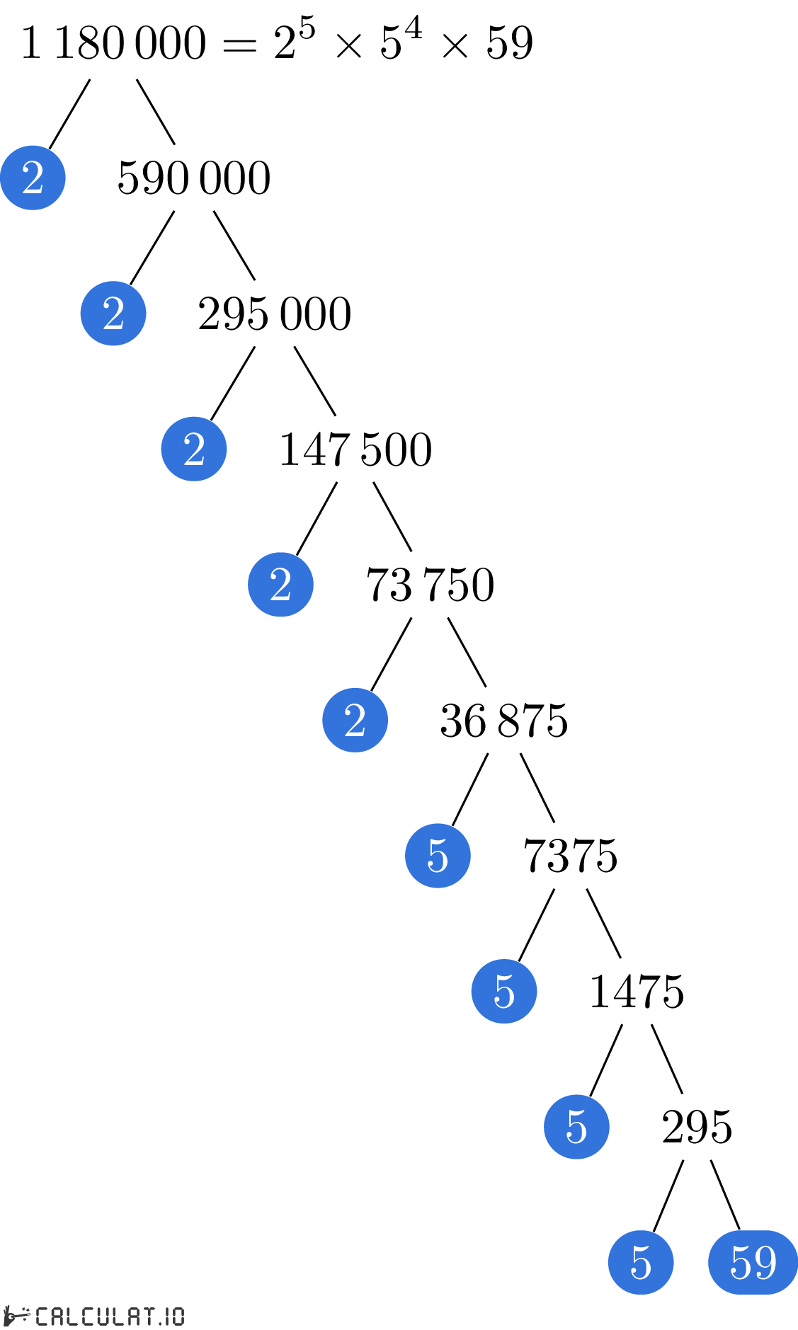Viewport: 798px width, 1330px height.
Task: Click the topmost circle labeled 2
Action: pos(33,178)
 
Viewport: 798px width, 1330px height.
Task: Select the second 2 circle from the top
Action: pos(113,314)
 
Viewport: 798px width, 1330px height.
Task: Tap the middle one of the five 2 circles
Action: pos(194,449)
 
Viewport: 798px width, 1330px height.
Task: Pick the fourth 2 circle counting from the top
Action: pos(280,585)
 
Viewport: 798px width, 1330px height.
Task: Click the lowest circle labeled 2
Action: pos(355,720)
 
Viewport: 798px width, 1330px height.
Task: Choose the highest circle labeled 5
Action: pos(438,856)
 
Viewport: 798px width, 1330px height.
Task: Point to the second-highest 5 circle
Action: pos(504,991)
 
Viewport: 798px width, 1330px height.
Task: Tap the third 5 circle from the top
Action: pos(576,1127)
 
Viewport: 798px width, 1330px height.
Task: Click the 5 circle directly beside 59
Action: pos(641,1262)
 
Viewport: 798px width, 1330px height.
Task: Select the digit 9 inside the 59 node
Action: pos(765,1262)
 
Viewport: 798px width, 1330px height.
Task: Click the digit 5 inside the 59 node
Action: pos(741,1262)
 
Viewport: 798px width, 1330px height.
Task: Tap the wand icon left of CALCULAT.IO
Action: pos(17,1316)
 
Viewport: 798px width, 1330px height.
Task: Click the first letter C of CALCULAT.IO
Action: pos(42,1316)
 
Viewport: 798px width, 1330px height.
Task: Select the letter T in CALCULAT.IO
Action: pos(149,1316)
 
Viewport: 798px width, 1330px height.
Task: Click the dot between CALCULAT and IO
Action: pos(161,1322)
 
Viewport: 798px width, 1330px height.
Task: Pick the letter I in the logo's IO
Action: pos(167,1316)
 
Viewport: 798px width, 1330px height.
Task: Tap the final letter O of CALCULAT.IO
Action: pos(177,1316)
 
